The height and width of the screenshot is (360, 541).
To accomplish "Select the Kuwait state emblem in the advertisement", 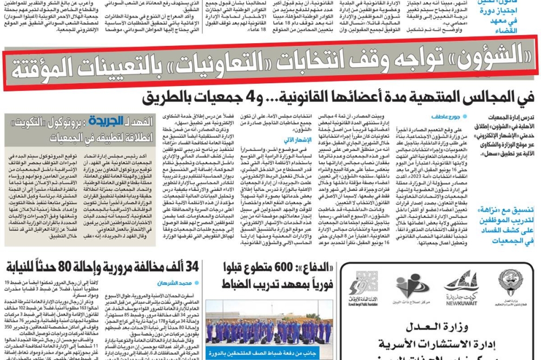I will coord(510,282).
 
